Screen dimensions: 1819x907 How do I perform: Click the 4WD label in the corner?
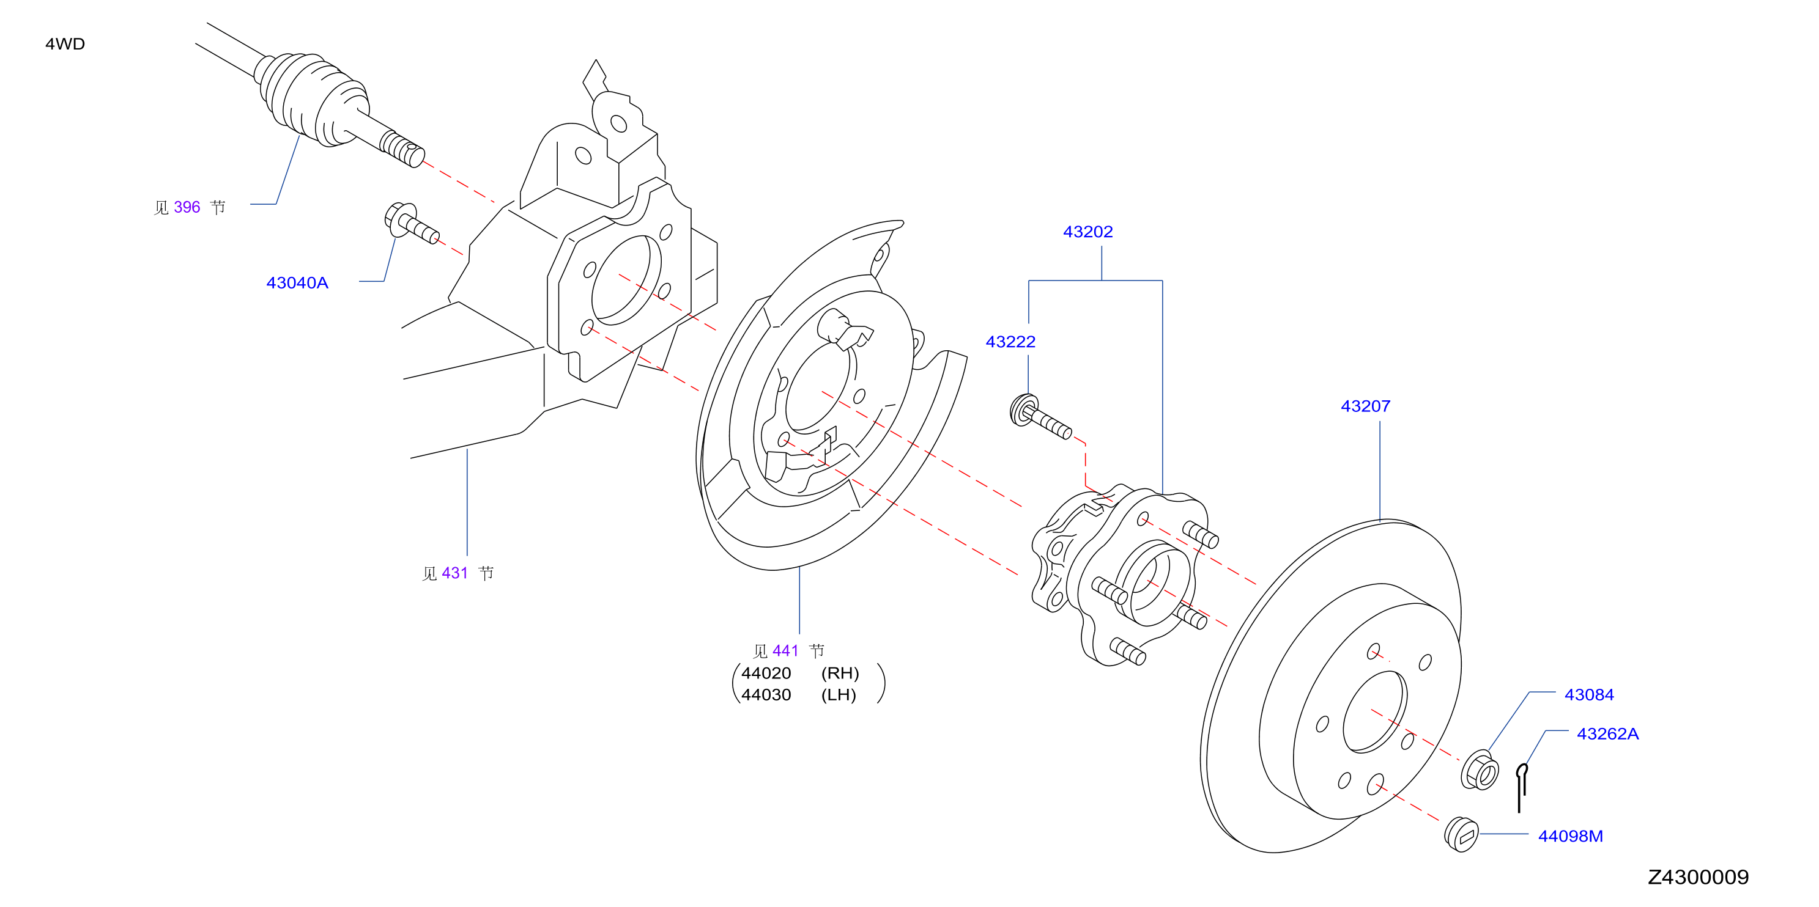(x=65, y=44)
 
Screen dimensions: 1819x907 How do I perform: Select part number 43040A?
(x=297, y=283)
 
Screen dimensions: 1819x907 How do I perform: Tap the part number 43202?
(x=1088, y=232)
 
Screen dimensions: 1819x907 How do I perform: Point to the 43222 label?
(x=1010, y=342)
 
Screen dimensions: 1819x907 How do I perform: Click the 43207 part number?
(x=1366, y=406)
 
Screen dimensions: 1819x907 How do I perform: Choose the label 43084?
(x=1590, y=694)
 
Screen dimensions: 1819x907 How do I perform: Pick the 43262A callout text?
(x=1608, y=734)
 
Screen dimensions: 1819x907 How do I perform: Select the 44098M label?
(x=1571, y=837)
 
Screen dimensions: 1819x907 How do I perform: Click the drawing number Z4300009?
(x=1699, y=877)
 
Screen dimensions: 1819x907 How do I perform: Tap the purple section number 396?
(x=187, y=207)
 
